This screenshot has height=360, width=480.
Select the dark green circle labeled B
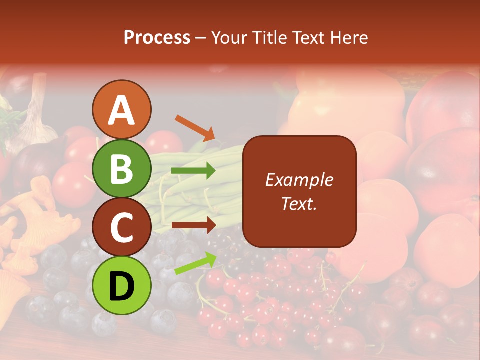tap(121, 168)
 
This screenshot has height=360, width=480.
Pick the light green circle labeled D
tap(121, 285)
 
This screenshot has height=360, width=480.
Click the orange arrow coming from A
tap(195, 128)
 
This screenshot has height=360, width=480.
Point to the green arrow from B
tap(193, 171)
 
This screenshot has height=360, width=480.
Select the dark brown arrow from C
tap(193, 225)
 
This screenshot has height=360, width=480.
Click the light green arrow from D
tap(195, 263)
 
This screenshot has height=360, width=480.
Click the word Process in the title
tap(157, 37)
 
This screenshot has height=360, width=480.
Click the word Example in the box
tap(299, 180)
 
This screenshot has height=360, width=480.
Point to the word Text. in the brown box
tap(299, 203)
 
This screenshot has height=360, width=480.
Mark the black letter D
tap(121, 285)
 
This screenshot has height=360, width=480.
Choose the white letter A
tap(121, 110)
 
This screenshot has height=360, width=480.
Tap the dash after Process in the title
tap(201, 38)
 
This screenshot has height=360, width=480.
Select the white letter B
tap(121, 168)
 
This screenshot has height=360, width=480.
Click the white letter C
tap(121, 228)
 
